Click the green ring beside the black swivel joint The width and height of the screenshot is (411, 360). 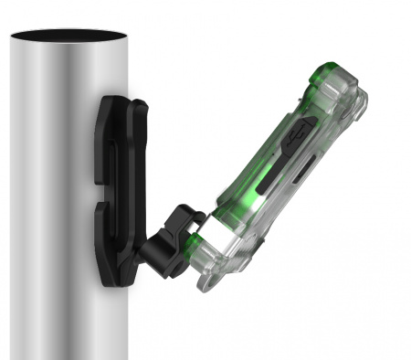pyautogui.click(x=195, y=240)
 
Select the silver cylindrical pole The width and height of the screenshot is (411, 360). pyautogui.click(x=55, y=228)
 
